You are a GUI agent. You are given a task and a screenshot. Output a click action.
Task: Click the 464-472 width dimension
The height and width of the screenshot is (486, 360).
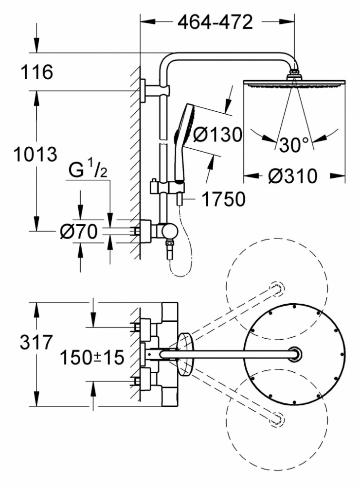click(215, 22)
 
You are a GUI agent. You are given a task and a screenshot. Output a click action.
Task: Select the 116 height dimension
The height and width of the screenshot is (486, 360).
click(36, 72)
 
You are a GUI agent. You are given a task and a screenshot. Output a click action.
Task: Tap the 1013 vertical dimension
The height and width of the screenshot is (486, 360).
click(35, 155)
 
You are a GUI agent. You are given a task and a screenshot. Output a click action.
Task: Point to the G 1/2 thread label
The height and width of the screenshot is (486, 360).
click(88, 170)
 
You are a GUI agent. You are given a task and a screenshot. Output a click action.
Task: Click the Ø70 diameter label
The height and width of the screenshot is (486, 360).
click(78, 231)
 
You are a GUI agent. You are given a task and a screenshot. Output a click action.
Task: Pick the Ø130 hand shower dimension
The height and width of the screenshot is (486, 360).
click(217, 135)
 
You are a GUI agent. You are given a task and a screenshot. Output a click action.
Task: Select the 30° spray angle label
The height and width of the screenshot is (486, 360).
click(294, 144)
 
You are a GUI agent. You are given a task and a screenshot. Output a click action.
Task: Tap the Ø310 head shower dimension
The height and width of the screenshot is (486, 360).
click(293, 176)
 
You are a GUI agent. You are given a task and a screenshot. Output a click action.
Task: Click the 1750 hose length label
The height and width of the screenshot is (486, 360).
click(223, 199)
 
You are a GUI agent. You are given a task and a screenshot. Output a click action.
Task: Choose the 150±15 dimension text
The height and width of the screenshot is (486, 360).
click(92, 357)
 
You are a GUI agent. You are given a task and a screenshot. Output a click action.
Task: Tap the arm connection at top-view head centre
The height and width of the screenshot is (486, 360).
click(294, 354)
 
